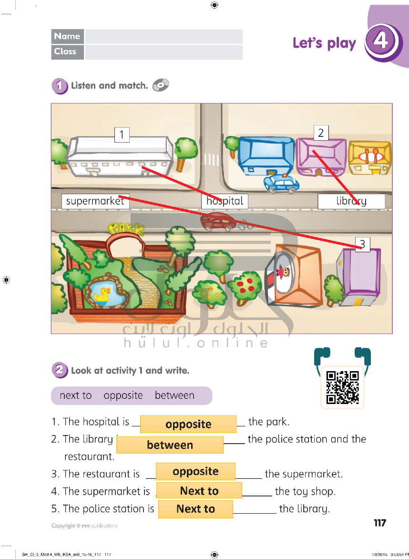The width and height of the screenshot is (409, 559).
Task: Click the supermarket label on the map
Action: point(95,201)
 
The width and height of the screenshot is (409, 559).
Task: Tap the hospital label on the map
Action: point(225,201)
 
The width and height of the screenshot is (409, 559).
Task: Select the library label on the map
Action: point(351,201)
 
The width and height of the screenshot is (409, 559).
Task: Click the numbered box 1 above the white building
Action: point(122,135)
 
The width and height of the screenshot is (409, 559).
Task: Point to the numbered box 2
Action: point(321,133)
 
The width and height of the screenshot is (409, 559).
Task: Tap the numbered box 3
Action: point(362,244)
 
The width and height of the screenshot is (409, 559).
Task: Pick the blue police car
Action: point(281,183)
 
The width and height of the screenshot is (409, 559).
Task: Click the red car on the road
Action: point(218,221)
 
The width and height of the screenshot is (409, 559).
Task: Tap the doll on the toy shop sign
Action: point(284,272)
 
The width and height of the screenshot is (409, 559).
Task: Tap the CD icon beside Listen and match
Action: point(161,85)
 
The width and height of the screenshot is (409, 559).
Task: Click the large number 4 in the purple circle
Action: point(380,41)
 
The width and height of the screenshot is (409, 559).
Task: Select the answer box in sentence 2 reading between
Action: point(170,445)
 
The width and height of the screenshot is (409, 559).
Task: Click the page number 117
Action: point(380,523)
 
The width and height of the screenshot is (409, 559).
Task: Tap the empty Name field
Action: point(164,36)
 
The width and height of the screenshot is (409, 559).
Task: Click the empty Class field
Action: point(164,52)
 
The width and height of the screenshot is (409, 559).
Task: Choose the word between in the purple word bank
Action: point(174,395)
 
